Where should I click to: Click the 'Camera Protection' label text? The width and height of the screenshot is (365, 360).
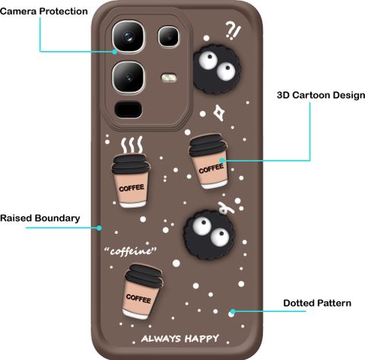click(x=44, y=11)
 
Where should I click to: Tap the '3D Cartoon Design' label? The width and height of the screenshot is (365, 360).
click(x=321, y=95)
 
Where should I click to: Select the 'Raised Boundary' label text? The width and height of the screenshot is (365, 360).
click(x=40, y=218)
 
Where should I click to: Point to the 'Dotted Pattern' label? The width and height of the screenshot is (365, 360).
click(x=317, y=303)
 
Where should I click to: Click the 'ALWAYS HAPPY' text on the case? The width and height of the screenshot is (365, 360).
click(x=180, y=339)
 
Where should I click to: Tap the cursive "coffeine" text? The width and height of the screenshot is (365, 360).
click(x=131, y=251)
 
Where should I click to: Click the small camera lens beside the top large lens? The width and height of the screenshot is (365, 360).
click(x=169, y=37)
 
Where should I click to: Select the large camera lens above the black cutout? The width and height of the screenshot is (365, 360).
click(x=129, y=77)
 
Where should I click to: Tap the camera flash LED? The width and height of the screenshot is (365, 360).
click(x=169, y=78)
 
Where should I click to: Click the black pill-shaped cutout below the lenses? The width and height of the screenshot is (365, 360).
click(x=129, y=110)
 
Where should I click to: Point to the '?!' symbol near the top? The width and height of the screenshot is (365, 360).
click(x=233, y=30)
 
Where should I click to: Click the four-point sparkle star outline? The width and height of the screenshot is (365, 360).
click(x=219, y=113)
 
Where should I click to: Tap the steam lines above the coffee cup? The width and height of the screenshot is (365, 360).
click(x=132, y=145)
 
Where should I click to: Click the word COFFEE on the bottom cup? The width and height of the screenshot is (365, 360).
click(x=138, y=298)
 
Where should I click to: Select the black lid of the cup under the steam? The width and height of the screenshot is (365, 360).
click(x=131, y=164)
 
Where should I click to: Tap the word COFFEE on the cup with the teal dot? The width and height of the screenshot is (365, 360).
click(x=211, y=168)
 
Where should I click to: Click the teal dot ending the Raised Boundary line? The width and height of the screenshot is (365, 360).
click(x=100, y=228)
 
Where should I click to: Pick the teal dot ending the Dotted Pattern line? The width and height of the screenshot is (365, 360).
click(x=233, y=311)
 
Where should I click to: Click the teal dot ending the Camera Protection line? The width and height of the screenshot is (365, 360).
click(x=115, y=52)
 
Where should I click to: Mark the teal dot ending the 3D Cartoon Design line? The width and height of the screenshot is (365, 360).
click(x=222, y=161)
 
